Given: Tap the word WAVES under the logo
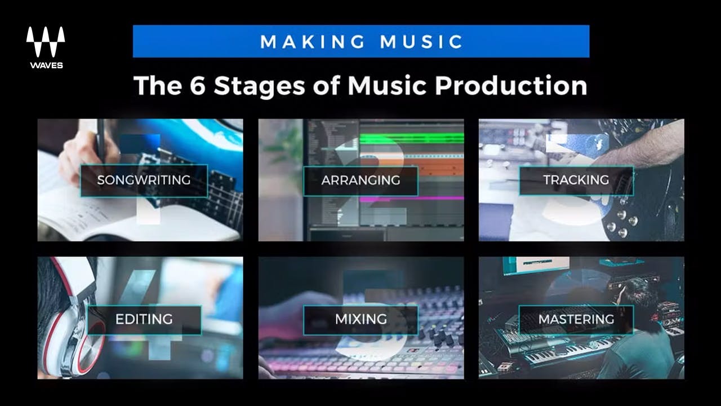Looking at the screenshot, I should click(x=46, y=65).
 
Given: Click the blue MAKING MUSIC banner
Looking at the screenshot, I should click(x=361, y=41).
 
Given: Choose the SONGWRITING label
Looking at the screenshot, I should click(x=144, y=180).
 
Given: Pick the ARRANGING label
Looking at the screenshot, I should click(x=360, y=180).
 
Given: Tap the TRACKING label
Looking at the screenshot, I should click(x=576, y=180).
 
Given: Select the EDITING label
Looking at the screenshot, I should click(x=144, y=319).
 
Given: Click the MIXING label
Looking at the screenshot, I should click(x=360, y=319).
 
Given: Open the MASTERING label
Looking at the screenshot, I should click(x=576, y=319).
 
